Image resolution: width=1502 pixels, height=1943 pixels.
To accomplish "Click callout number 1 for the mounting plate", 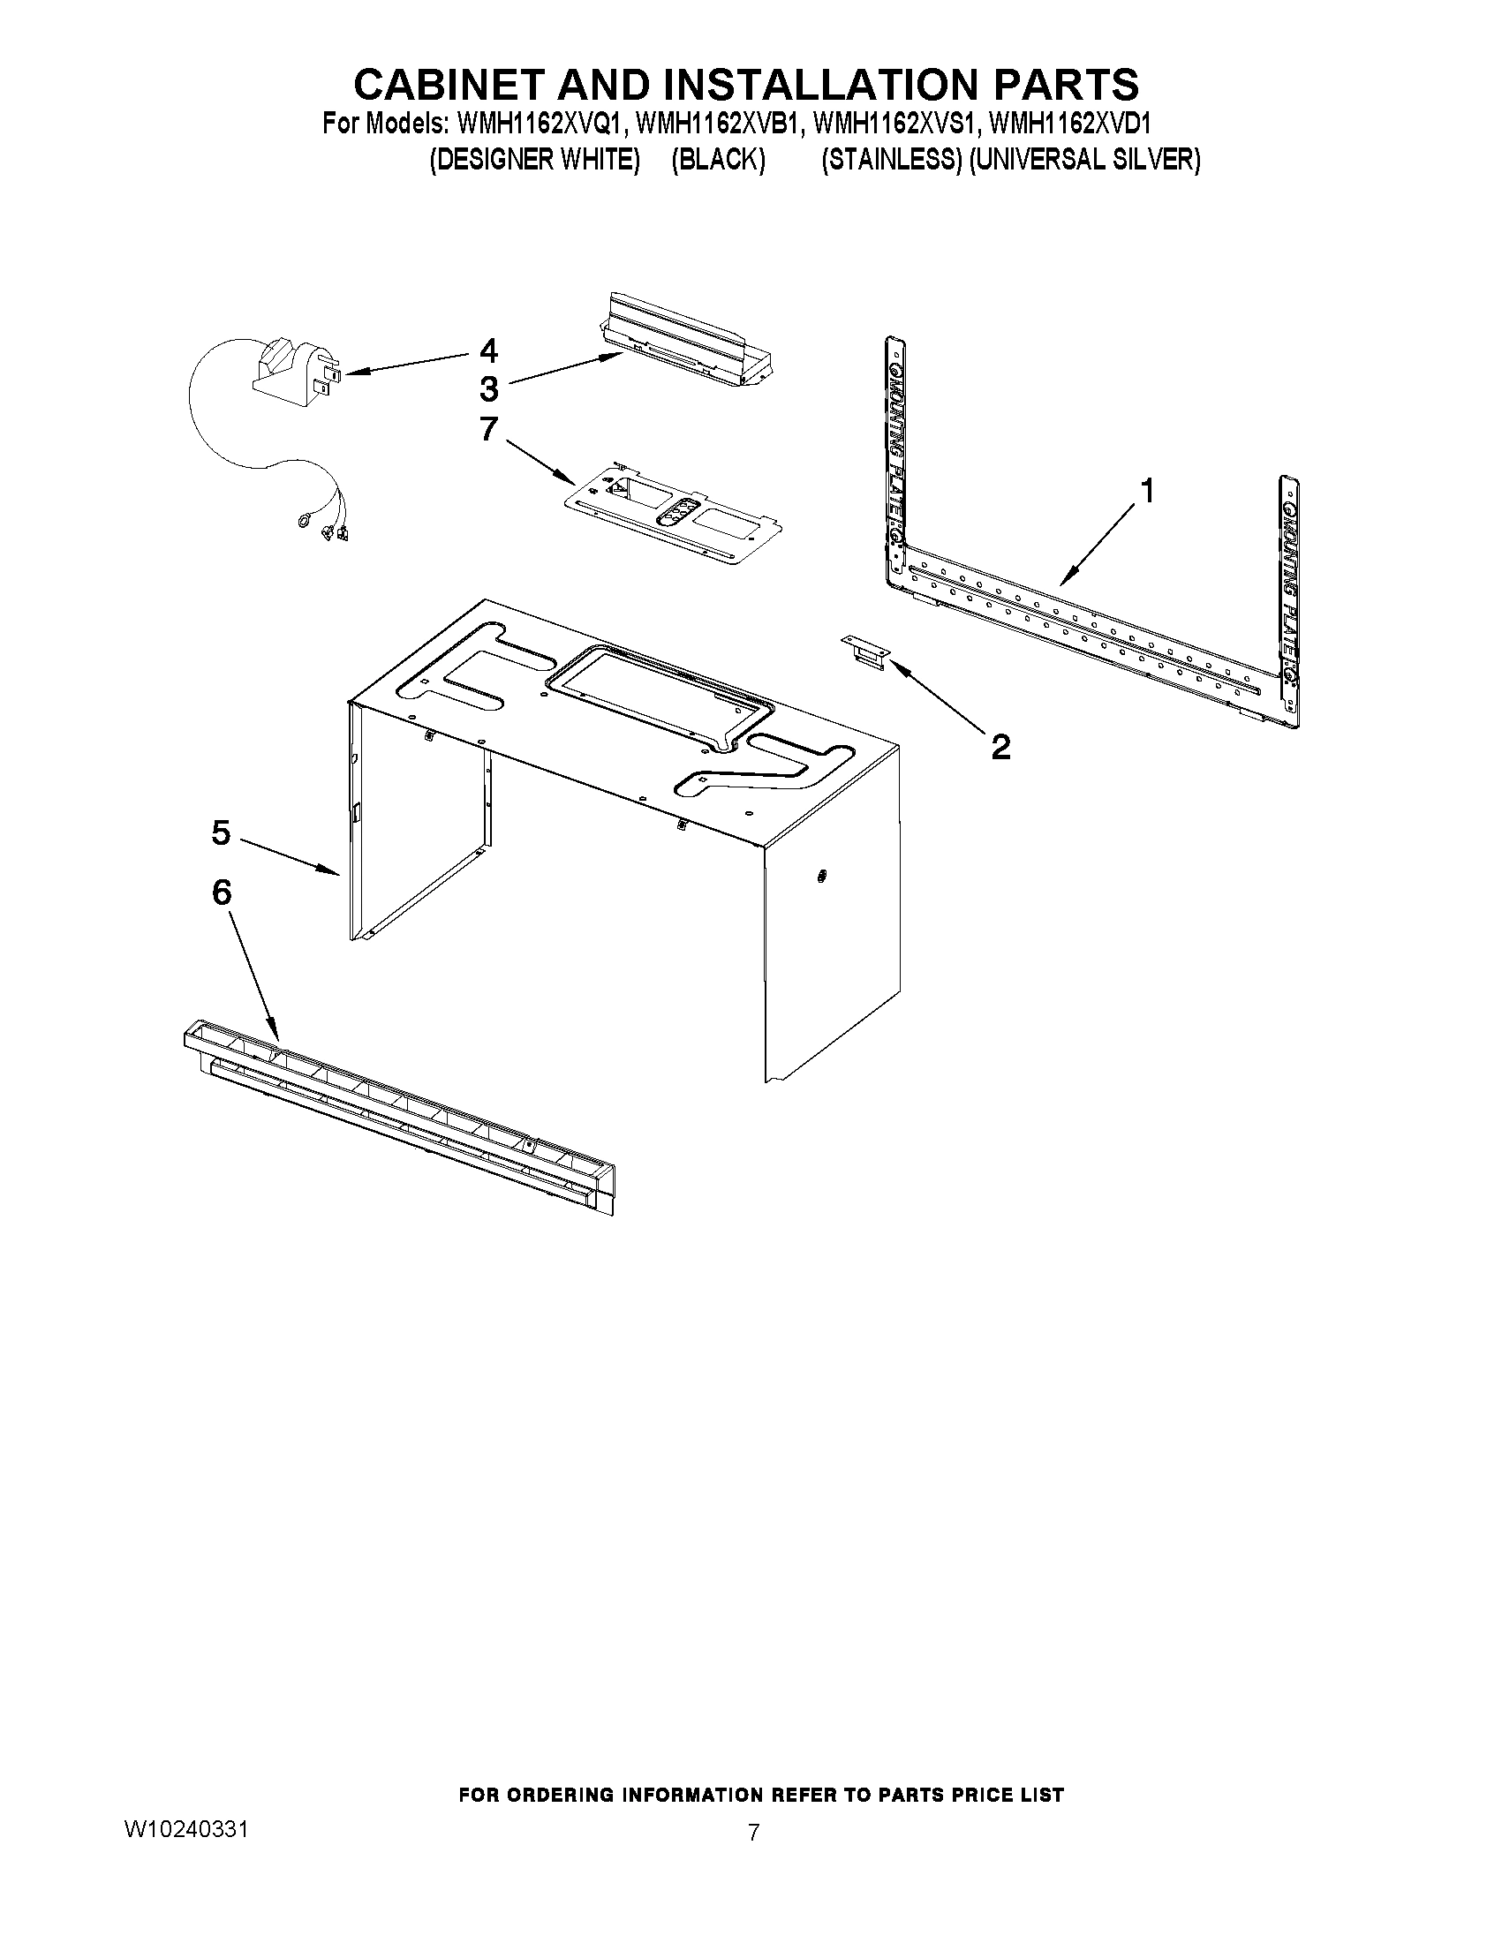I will click(x=1148, y=490).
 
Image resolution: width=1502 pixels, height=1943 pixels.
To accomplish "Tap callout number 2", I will click(x=1001, y=747).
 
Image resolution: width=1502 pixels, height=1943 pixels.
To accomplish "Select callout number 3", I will click(x=488, y=388).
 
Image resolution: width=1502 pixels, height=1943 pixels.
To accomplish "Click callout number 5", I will click(x=221, y=832).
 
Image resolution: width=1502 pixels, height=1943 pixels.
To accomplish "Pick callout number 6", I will click(x=221, y=892).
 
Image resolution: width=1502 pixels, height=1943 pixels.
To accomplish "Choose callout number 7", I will click(x=488, y=429).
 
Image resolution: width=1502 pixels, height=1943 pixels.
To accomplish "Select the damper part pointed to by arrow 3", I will click(x=690, y=347).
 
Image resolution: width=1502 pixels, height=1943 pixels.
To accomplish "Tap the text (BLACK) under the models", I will click(x=718, y=160).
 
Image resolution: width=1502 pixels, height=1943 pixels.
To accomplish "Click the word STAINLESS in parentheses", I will click(x=892, y=160).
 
